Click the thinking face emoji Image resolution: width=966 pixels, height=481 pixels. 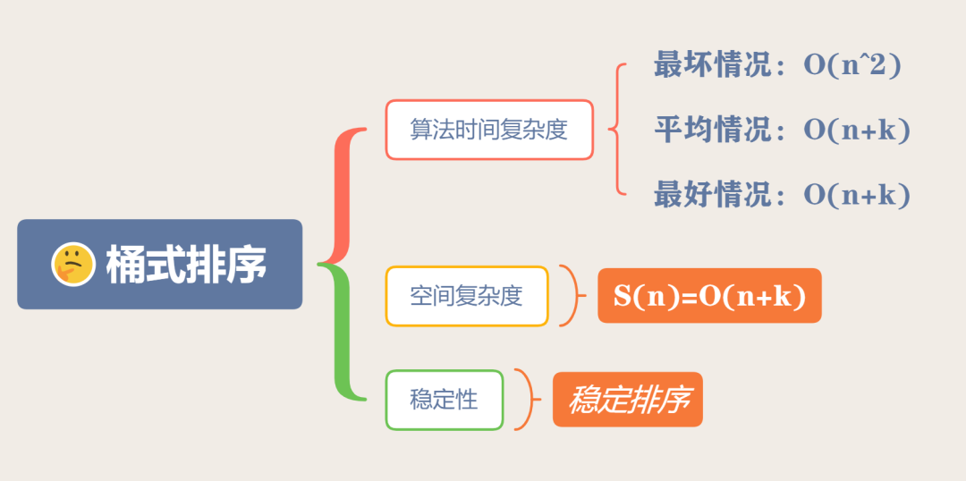[x=73, y=264]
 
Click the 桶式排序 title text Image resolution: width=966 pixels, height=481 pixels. [x=186, y=265]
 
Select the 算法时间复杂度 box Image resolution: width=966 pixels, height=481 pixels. [x=489, y=130]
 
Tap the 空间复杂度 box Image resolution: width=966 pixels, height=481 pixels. [x=466, y=296]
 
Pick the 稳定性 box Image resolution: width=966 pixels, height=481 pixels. [x=444, y=400]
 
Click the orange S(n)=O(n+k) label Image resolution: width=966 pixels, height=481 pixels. [x=709, y=296]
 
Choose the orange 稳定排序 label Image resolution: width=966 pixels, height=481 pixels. [x=628, y=400]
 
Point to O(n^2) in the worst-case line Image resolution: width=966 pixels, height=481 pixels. [x=852, y=65]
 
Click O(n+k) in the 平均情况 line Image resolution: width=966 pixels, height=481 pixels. [x=856, y=130]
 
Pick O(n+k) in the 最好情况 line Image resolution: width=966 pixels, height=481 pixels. [x=856, y=194]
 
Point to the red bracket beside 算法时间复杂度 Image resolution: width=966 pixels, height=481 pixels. [x=616, y=130]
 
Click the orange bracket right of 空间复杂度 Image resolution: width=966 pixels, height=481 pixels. [x=571, y=296]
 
